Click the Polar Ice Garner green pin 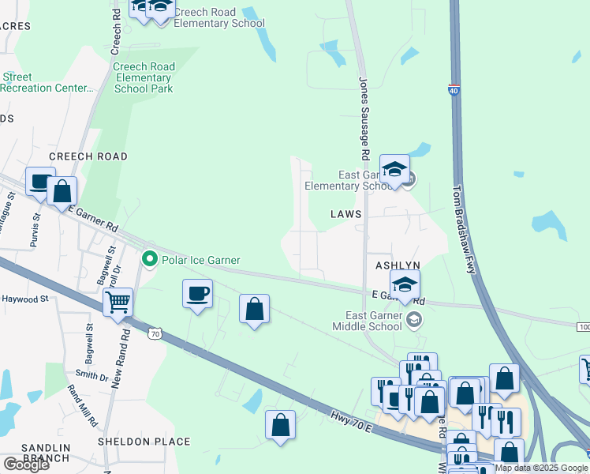click(x=148, y=259)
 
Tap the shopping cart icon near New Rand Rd click(x=118, y=301)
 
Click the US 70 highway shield click(x=155, y=335)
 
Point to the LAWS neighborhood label click(x=345, y=214)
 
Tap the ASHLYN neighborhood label click(x=398, y=265)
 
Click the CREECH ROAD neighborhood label click(x=88, y=156)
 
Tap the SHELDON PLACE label click(x=144, y=442)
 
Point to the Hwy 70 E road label click(x=351, y=417)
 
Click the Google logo click(x=25, y=465)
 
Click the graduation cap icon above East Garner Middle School click(x=405, y=285)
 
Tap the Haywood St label click(x=25, y=299)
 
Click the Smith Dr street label click(x=91, y=374)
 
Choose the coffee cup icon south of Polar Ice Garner click(x=197, y=295)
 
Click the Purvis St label click(x=35, y=230)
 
